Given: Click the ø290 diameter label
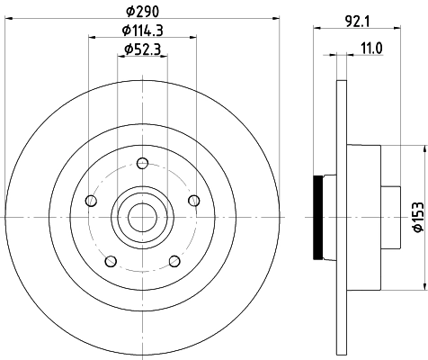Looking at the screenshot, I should (141, 11).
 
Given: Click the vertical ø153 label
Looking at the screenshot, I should (415, 217).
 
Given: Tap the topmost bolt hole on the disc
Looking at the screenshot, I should (142, 164).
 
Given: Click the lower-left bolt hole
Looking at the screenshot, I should (110, 261).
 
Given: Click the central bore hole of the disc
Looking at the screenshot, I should (141, 216).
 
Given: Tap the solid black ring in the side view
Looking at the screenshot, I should (317, 216).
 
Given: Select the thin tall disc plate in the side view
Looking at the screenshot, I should (341, 216).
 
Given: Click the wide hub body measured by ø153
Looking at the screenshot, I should (364, 216).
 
